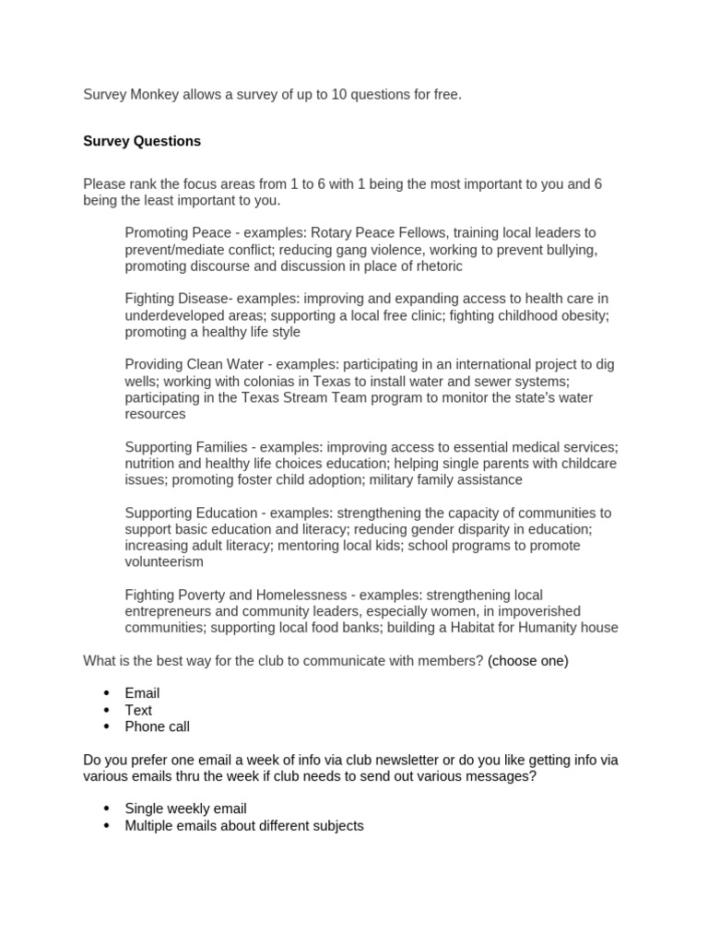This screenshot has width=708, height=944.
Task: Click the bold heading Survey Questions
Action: pyautogui.click(x=142, y=141)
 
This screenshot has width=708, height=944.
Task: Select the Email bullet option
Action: pyautogui.click(x=142, y=693)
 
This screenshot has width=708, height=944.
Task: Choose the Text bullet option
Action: pyautogui.click(x=138, y=710)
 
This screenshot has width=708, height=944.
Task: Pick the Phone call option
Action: pyautogui.click(x=157, y=726)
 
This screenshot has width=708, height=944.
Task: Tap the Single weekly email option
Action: pyautogui.click(x=185, y=808)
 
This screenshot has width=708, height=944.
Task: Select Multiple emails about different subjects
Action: pyautogui.click(x=244, y=825)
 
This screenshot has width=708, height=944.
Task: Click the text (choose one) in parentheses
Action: pyautogui.click(x=528, y=660)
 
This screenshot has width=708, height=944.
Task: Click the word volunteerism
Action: pyautogui.click(x=164, y=561)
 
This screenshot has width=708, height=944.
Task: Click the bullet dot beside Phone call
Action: pyautogui.click(x=106, y=726)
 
